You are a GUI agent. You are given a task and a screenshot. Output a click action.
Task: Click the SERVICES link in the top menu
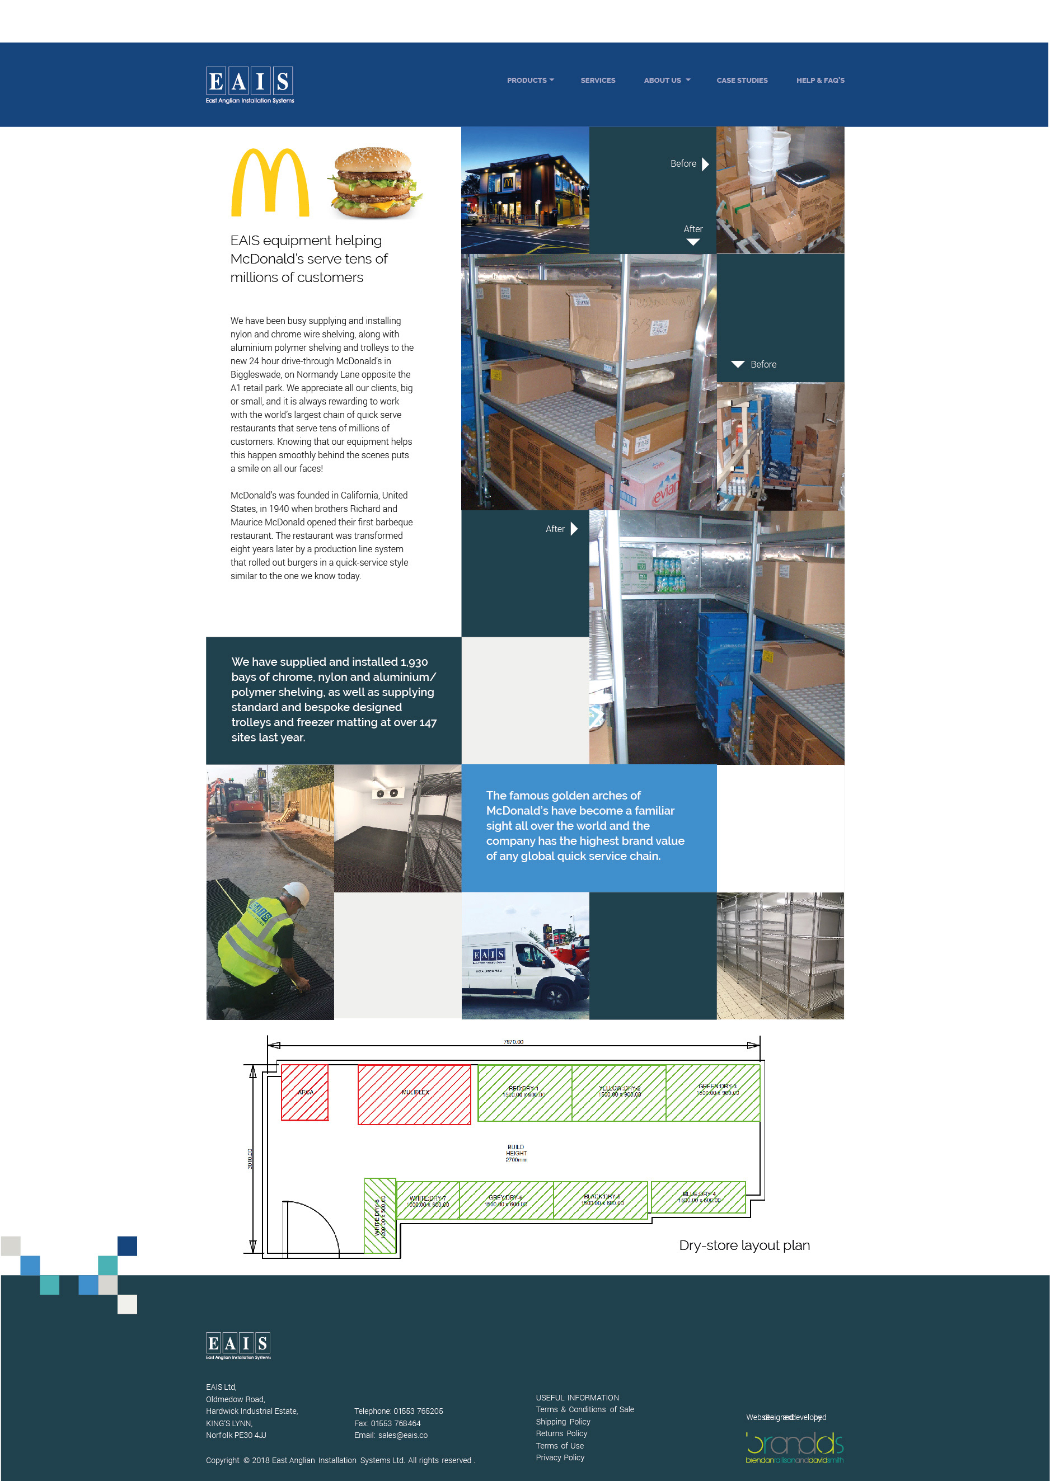(597, 81)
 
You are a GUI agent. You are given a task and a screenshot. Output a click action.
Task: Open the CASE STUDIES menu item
(742, 81)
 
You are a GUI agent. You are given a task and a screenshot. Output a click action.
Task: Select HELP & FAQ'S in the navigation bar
(820, 81)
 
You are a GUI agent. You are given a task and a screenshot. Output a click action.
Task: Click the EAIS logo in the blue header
(250, 84)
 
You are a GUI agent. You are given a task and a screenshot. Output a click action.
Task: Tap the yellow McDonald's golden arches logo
(270, 183)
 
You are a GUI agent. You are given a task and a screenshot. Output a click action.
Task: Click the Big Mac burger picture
(373, 183)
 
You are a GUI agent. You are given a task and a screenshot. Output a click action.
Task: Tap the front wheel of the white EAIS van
(554, 997)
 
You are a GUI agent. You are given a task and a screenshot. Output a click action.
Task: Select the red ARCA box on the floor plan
(304, 1092)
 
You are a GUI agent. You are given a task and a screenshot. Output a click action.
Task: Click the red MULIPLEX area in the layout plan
(414, 1094)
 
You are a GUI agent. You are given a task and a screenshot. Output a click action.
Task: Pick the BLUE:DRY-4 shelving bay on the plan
(699, 1197)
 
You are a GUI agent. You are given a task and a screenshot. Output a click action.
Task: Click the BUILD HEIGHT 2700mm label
(516, 1153)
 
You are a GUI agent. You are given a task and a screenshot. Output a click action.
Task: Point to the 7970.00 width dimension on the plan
(513, 1042)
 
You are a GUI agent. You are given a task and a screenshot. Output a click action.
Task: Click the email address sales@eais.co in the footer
(403, 1435)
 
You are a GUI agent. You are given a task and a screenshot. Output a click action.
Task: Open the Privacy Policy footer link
(560, 1457)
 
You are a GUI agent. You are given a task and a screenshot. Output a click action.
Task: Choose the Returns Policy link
(561, 1433)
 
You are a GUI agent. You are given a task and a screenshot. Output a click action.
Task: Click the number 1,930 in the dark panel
(414, 662)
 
